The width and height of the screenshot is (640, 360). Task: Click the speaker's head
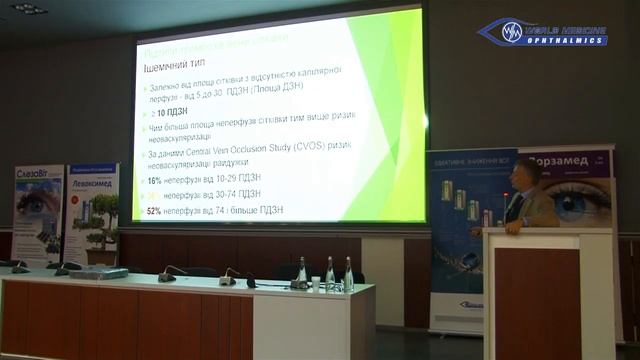tap(526, 175)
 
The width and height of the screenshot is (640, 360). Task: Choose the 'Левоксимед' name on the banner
tap(93, 177)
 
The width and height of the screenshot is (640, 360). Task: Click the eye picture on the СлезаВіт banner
tap(38, 206)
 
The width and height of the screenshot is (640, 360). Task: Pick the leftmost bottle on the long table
tap(301, 271)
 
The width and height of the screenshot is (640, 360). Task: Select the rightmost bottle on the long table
tap(348, 272)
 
